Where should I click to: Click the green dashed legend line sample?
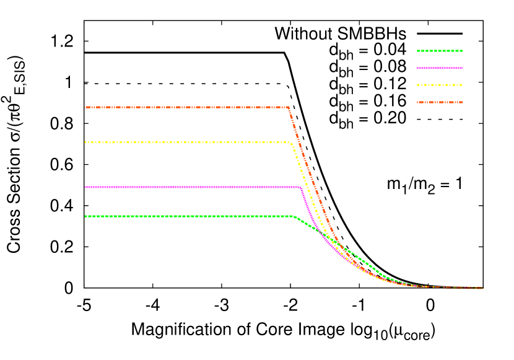point(440,51)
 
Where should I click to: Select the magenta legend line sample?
point(440,68)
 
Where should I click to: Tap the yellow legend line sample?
point(440,85)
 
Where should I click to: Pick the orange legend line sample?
point(440,102)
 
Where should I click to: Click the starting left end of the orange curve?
point(86,107)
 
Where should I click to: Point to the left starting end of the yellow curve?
point(86,142)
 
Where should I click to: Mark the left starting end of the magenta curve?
point(86,187)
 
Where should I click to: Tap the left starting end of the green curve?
point(86,216)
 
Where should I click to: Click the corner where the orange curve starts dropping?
point(289,108)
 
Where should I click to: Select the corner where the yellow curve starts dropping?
point(290,143)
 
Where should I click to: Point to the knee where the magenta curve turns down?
point(300,187)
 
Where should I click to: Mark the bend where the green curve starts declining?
point(293,217)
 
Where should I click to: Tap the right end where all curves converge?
point(481,288)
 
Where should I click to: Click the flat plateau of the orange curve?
point(186,107)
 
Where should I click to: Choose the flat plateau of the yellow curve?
point(186,142)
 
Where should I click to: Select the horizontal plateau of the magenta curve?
point(186,187)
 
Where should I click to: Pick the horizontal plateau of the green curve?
point(186,216)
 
